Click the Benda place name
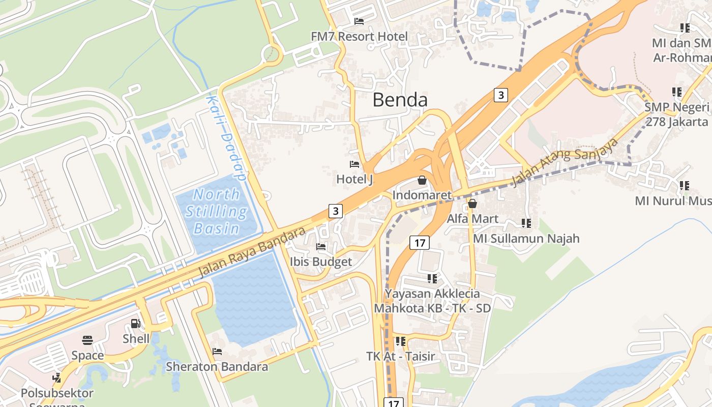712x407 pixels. point(400,100)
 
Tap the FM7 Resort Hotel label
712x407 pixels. point(360,37)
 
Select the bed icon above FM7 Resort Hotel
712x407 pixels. point(359,21)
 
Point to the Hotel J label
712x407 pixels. point(354,179)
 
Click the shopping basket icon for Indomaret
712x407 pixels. point(422,180)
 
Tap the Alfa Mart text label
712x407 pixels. point(472,219)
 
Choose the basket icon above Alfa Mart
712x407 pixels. point(472,204)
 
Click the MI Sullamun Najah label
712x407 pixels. point(526,238)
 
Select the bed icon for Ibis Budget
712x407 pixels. point(321,247)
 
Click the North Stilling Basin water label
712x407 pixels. point(217,211)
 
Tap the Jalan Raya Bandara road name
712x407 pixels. point(252,252)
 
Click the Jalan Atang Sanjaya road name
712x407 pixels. point(565,162)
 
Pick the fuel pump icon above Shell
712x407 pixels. point(136,324)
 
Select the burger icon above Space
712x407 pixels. point(87,340)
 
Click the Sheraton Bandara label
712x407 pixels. point(217,366)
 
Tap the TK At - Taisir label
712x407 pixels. point(401,356)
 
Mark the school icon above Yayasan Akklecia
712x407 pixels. point(432,279)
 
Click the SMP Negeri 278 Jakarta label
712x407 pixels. point(676,114)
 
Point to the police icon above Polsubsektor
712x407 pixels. point(57,379)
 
